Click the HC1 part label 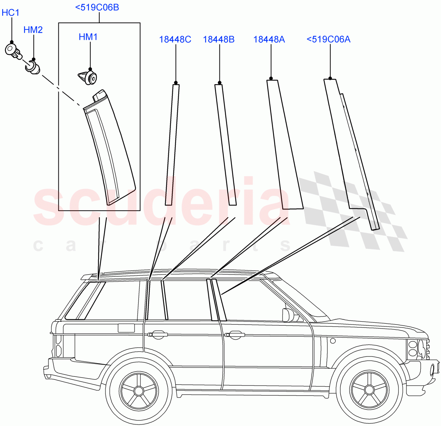pos(10,13)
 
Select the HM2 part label pos(33,30)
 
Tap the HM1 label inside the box pos(88,37)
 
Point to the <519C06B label pos(97,7)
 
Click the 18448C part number pos(175,39)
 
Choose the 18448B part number pos(219,39)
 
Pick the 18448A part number pos(269,39)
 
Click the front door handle pos(234,334)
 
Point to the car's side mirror pos(287,315)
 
